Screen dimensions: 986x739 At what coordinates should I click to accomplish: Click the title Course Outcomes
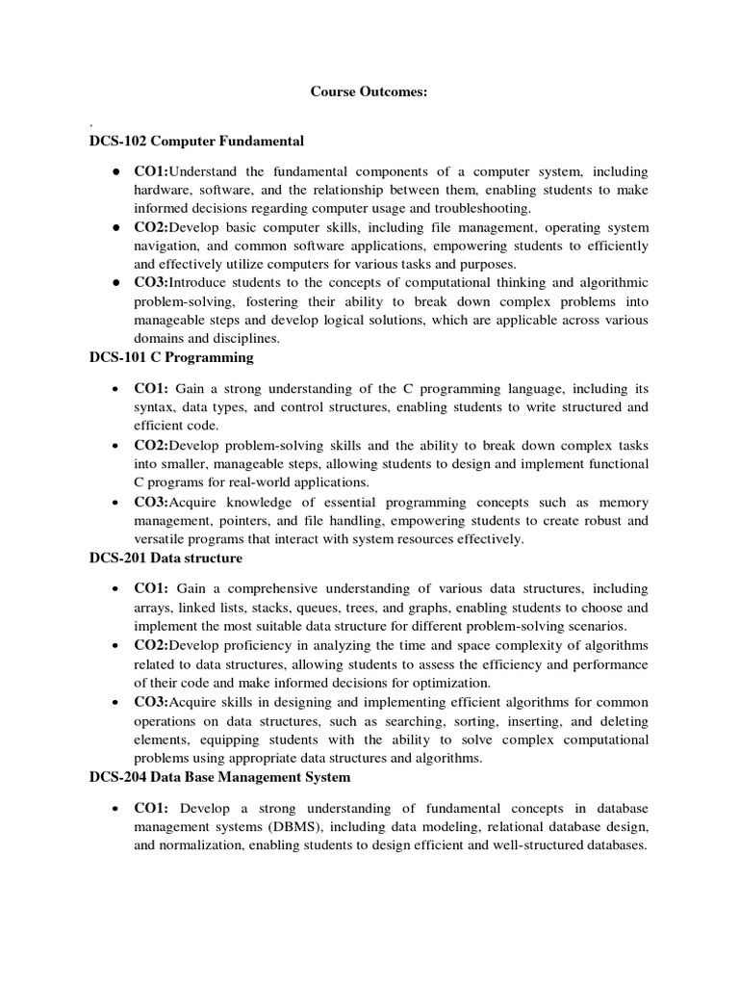click(x=369, y=91)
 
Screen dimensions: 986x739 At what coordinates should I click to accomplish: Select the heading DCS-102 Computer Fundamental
click(x=196, y=142)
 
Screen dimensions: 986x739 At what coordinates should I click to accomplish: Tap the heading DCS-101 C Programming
click(x=170, y=357)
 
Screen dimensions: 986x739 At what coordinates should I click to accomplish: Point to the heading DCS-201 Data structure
click(x=166, y=558)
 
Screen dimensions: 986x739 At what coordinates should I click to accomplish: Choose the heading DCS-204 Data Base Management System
click(x=220, y=776)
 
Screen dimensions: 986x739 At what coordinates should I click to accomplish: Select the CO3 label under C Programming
click(x=151, y=503)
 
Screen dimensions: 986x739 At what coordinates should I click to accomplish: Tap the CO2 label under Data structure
click(x=151, y=645)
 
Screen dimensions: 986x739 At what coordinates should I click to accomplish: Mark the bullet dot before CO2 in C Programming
click(x=115, y=446)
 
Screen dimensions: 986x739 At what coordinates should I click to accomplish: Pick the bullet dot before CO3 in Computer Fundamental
click(x=115, y=282)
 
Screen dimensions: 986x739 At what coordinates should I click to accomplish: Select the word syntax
click(x=155, y=407)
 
